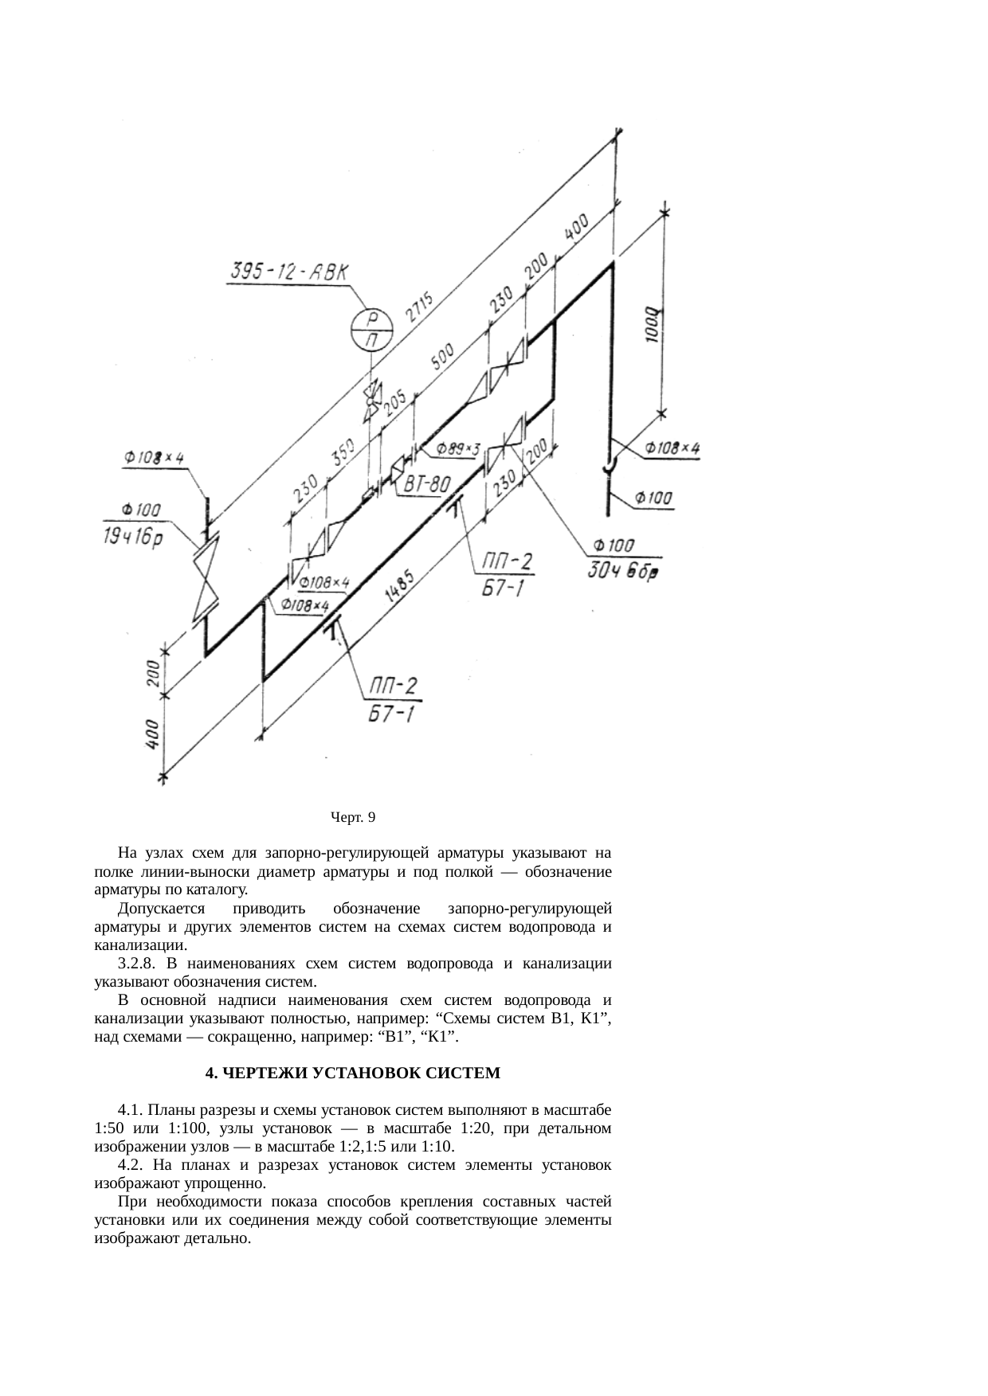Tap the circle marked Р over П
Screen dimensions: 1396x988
[x=372, y=328]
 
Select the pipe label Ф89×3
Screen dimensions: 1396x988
[x=458, y=450]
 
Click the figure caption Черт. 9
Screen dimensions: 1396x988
[x=353, y=817]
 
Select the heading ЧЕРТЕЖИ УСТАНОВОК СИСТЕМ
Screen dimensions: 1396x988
[x=353, y=1073]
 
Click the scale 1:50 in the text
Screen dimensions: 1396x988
[x=106, y=1128]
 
